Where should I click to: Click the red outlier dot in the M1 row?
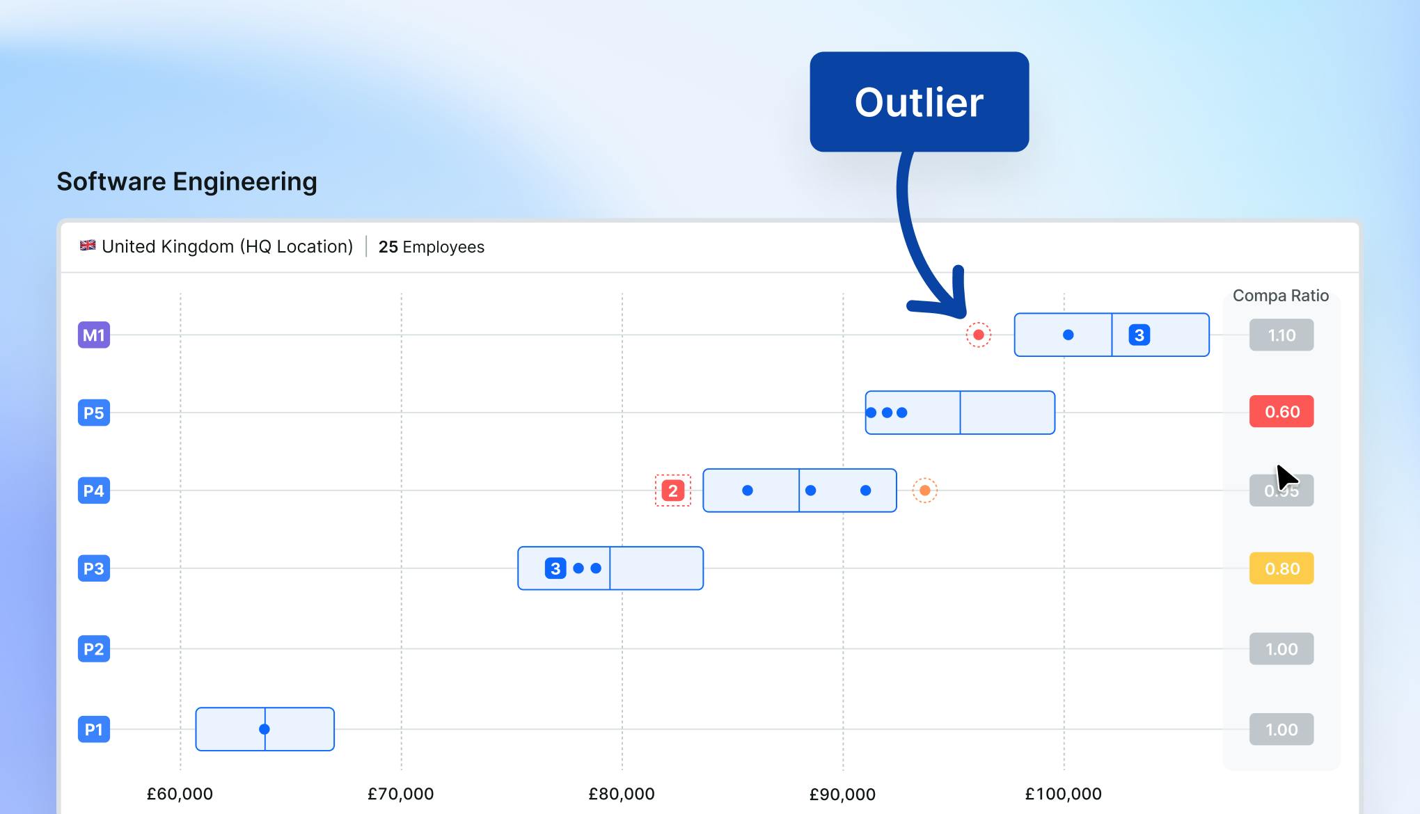click(978, 335)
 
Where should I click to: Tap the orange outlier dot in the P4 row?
click(924, 490)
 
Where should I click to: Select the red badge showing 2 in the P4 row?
click(672, 491)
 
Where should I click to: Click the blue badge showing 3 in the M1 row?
click(1139, 335)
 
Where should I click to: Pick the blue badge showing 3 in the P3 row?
click(555, 568)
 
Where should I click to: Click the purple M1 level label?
click(94, 335)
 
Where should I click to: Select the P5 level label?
click(94, 413)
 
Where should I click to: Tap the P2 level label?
click(94, 649)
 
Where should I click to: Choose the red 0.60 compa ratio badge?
click(1281, 412)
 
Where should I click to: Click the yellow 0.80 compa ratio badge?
click(1281, 568)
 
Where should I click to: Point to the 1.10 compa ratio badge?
click(1281, 335)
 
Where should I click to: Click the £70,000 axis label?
click(400, 794)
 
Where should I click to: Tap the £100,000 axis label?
click(1063, 794)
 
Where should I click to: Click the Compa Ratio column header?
click(1280, 296)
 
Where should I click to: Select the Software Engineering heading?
click(187, 182)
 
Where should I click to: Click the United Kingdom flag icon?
click(88, 246)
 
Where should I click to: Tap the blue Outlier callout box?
click(919, 102)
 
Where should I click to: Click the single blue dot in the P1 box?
click(265, 729)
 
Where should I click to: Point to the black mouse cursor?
click(1286, 478)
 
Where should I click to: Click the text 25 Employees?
click(431, 247)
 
